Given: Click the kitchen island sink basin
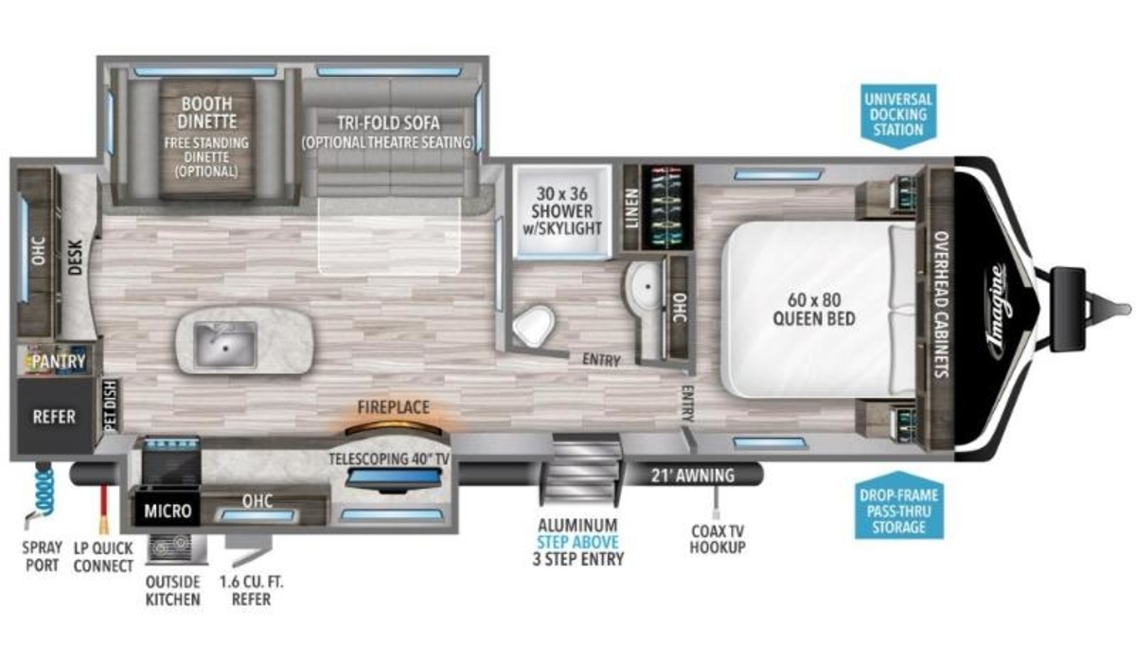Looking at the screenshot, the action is [225, 344].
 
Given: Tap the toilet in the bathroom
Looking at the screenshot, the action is [533, 326].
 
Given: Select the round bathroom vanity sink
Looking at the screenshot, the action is [644, 287].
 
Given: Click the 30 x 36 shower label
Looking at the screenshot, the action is [562, 211].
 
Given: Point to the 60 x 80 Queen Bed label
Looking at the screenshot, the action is [813, 309].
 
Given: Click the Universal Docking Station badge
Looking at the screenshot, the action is [898, 117].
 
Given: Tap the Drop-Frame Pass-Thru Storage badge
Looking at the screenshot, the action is [899, 506].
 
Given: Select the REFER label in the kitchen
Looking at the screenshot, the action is [54, 417].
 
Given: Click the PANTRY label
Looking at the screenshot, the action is [59, 362].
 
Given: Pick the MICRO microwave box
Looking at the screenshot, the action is [168, 511].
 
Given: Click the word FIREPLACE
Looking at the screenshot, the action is [394, 407].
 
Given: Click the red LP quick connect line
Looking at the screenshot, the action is [104, 508].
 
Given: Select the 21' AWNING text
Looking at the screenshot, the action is [693, 476].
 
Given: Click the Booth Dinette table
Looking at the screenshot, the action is [207, 138].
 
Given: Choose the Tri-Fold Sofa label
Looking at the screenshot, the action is [388, 123].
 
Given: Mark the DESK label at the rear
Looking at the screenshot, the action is [75, 258].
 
